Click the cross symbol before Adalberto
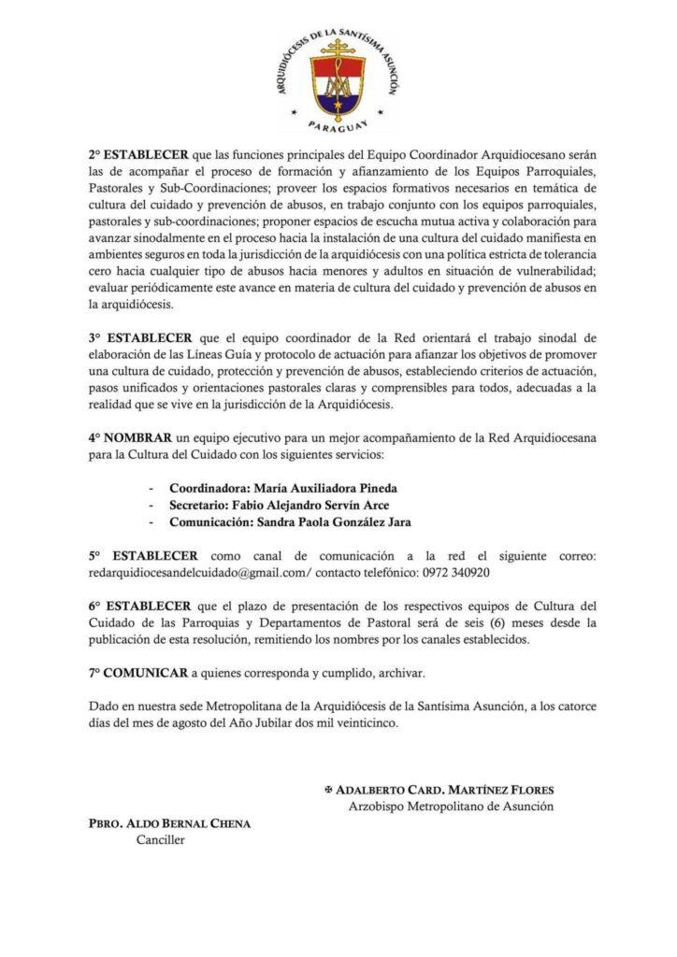(327, 789)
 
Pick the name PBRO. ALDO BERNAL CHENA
(166, 825)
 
